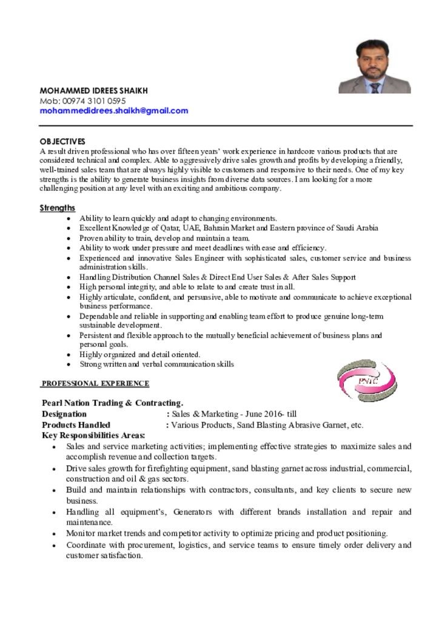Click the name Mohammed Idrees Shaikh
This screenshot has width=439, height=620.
93,91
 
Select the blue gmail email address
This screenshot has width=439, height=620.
114,111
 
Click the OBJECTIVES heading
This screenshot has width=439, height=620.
62,142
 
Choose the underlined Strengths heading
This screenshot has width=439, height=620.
58,208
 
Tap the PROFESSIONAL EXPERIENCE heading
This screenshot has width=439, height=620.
95,383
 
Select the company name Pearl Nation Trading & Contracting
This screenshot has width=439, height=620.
112,403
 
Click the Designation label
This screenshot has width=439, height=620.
64,414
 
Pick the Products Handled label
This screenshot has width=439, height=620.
76,425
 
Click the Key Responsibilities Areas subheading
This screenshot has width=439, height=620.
93,435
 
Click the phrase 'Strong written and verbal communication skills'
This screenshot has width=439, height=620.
156,364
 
